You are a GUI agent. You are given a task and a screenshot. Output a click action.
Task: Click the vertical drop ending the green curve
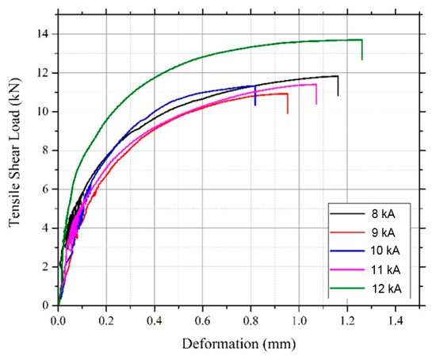pyautogui.click(x=361, y=49)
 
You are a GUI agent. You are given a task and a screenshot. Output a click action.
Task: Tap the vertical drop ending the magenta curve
pyautogui.click(x=316, y=94)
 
